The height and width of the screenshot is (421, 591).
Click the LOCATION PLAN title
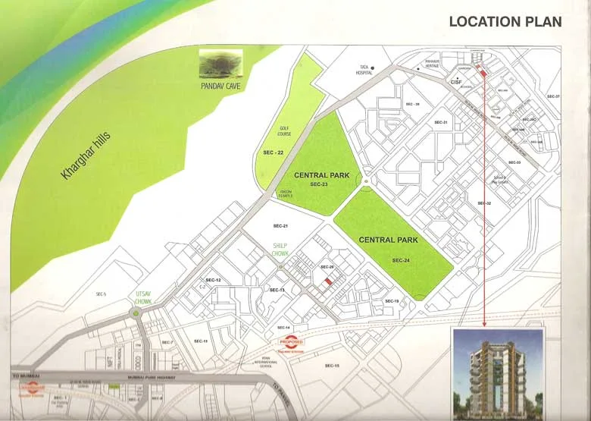click(x=505, y=21)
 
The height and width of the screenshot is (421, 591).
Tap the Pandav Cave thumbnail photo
click(x=220, y=63)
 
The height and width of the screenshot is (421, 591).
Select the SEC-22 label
click(x=273, y=153)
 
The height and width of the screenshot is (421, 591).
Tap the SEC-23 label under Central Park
click(x=318, y=184)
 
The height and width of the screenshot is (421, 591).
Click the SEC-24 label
click(x=401, y=260)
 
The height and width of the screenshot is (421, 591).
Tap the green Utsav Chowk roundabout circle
click(x=138, y=313)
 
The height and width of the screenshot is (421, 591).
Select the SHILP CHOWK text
click(x=282, y=250)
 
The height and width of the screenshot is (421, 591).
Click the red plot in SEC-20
click(x=328, y=281)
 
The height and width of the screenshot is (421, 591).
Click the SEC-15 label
click(x=331, y=366)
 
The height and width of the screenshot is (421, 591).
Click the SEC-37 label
click(x=553, y=97)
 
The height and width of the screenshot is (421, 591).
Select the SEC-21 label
click(x=280, y=226)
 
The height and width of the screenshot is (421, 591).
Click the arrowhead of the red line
click(x=484, y=324)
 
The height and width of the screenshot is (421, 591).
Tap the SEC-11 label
click(x=200, y=341)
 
